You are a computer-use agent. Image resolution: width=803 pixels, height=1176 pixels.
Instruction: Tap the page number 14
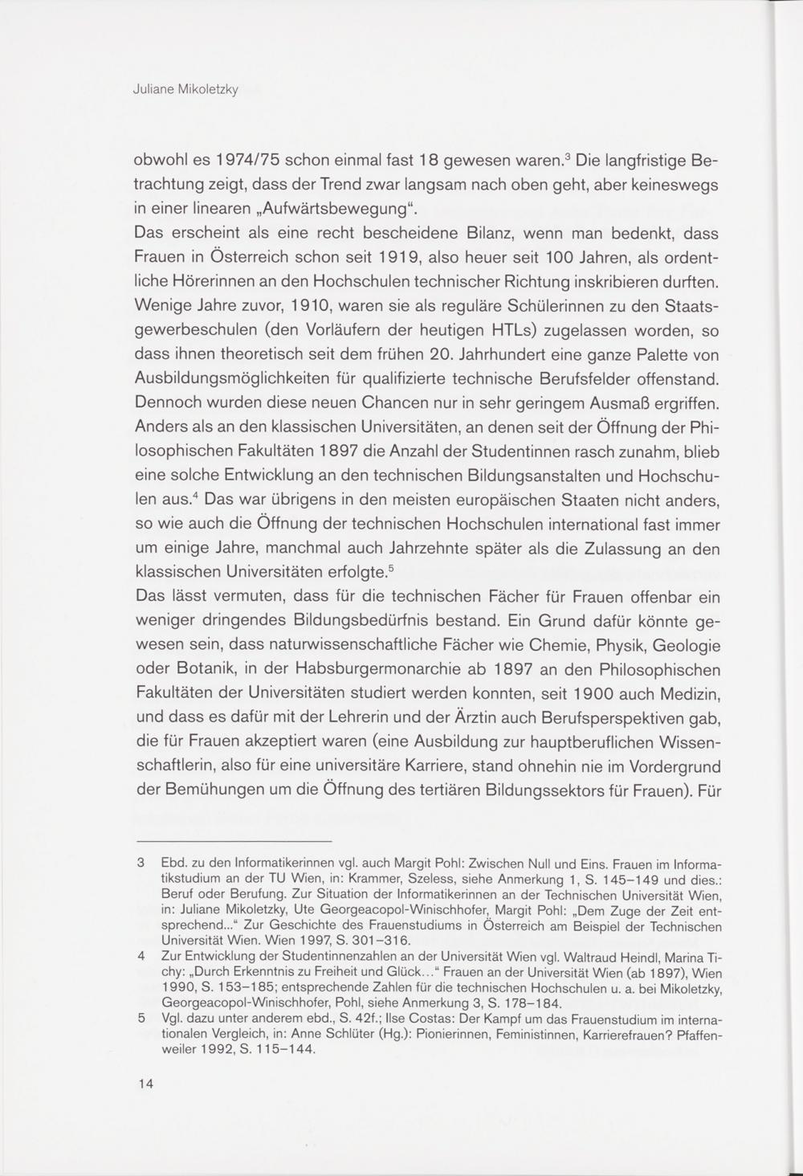pos(145,1084)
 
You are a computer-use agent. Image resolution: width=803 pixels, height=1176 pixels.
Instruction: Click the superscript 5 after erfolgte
pos(390,570)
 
